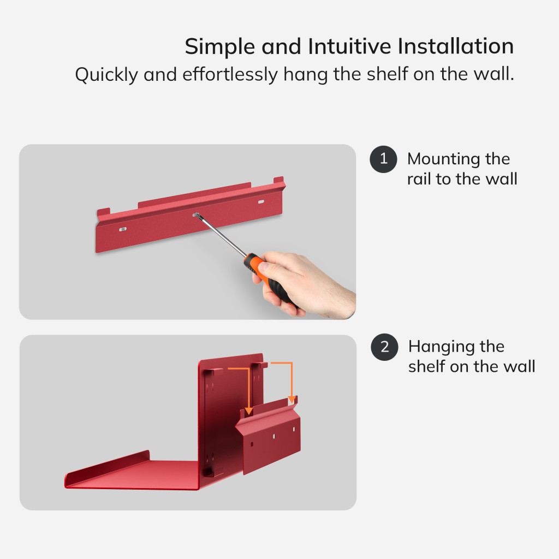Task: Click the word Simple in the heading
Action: pos(220,47)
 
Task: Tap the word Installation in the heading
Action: pos(455,46)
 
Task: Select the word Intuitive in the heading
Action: pos(349,46)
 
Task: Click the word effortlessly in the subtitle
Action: pos(230,74)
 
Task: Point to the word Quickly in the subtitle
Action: pos(106,75)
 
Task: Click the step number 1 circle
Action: pos(383,159)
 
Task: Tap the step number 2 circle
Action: pos(384,347)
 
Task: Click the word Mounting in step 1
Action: pos(443,159)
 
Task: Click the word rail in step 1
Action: pos(419,179)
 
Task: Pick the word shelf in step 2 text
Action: pos(426,366)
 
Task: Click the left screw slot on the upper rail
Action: pos(123,229)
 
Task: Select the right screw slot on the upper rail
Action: pos(261,202)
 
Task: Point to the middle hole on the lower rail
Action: pos(274,436)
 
